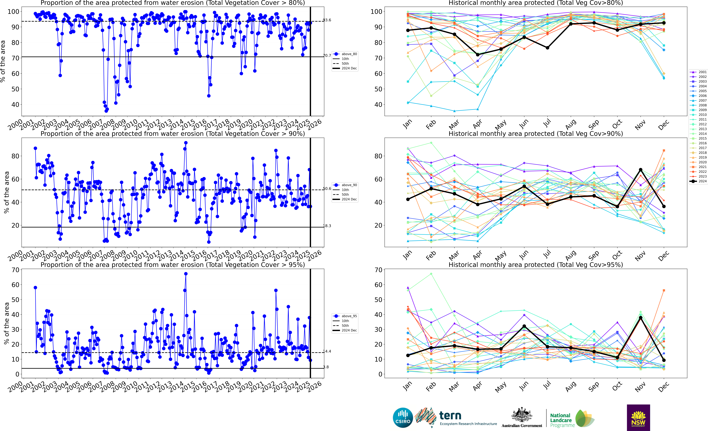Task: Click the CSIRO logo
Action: coord(403,417)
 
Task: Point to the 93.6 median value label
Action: coord(327,20)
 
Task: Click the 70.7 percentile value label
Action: coord(327,55)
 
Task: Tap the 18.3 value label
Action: coord(327,226)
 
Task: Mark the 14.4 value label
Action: coord(327,351)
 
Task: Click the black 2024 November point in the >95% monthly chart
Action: coord(640,318)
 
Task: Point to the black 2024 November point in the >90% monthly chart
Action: coord(640,170)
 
